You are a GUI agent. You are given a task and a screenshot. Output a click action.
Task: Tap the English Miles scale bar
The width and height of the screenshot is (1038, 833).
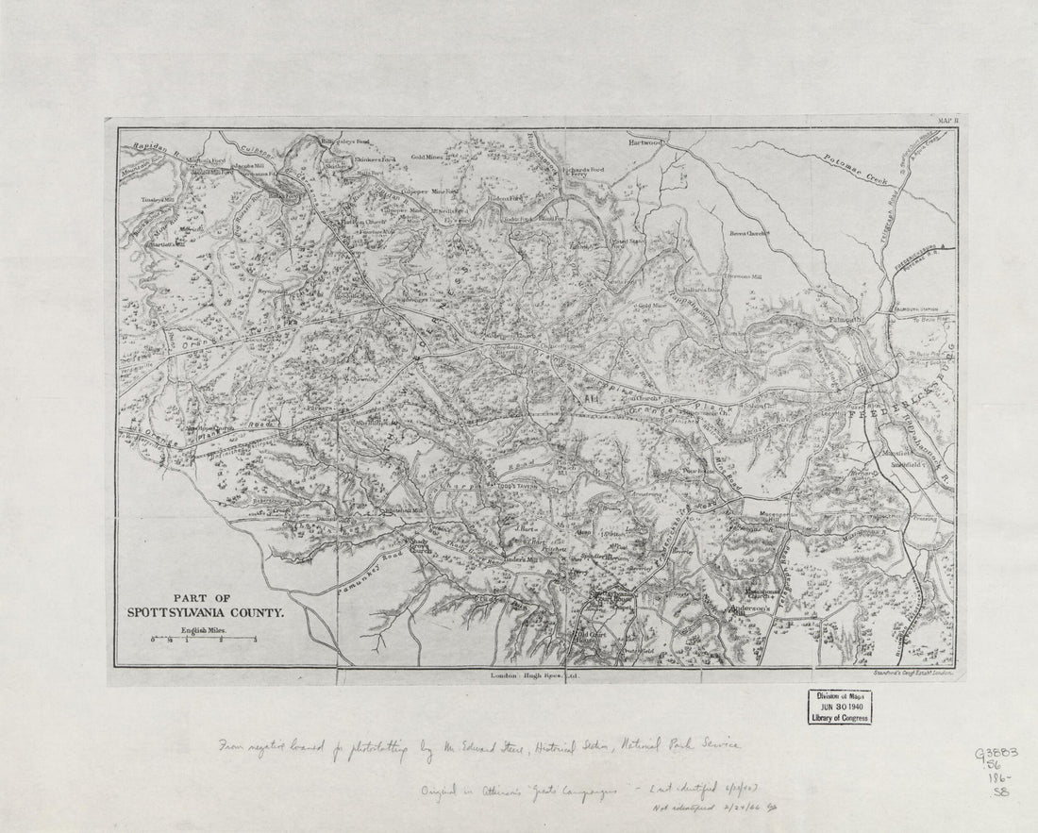[203, 639]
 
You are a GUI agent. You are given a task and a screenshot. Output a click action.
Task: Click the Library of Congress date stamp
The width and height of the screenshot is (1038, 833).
[839, 707]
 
